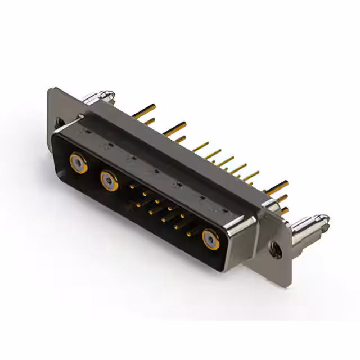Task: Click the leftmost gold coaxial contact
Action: click(78, 163)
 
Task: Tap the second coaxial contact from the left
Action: click(109, 180)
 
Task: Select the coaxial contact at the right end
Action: click(211, 239)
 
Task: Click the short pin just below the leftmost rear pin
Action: click(150, 121)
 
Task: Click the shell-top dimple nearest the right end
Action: click(225, 211)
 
